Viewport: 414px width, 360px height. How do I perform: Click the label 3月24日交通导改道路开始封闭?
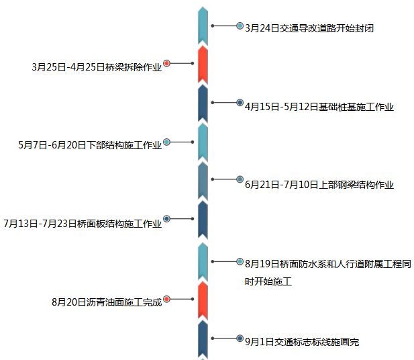pos(309,28)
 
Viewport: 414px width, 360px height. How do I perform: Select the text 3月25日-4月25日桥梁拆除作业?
pos(97,67)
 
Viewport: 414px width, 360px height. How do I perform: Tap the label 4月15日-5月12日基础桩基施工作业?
pos(319,107)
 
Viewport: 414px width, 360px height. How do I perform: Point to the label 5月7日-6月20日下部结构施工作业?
pos(90,145)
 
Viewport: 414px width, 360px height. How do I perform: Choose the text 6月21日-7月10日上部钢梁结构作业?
pos(319,185)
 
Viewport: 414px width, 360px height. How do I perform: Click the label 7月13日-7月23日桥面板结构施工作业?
pos(83,223)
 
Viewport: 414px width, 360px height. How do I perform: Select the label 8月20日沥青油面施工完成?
pos(107,302)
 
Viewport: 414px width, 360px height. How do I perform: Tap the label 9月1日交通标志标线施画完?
pos(302,342)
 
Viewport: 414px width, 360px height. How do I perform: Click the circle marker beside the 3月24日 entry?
pos(240,26)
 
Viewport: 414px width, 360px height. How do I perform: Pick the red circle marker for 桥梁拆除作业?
pos(167,63)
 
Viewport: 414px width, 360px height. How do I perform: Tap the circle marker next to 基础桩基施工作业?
pos(240,103)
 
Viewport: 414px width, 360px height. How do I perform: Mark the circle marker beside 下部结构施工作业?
pos(167,142)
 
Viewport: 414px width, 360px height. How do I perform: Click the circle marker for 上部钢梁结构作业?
pos(240,179)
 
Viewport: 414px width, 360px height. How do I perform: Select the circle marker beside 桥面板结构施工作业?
pos(167,218)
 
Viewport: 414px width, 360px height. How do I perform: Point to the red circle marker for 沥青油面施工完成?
pos(167,299)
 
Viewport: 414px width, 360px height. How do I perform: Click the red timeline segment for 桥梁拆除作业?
pos(203,64)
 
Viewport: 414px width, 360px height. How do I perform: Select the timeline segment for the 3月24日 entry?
pos(203,26)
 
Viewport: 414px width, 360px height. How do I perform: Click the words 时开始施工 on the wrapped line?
pos(268,281)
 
